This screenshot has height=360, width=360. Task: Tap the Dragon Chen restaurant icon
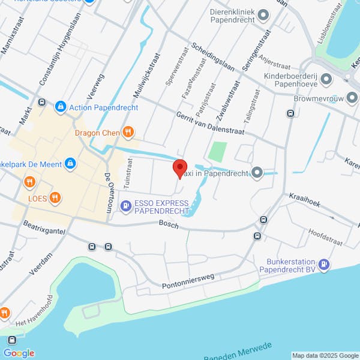pyautogui.click(x=127, y=132)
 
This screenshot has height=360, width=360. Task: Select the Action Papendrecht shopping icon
pyautogui.click(x=60, y=107)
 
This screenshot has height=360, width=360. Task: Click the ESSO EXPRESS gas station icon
pyautogui.click(x=125, y=207)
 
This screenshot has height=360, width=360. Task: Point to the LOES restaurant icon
pyautogui.click(x=55, y=197)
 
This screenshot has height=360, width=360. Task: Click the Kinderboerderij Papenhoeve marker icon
pyautogui.click(x=326, y=79)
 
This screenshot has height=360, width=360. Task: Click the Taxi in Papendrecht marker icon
pyautogui.click(x=257, y=173)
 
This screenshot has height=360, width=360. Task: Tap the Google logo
pyautogui.click(x=20, y=353)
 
